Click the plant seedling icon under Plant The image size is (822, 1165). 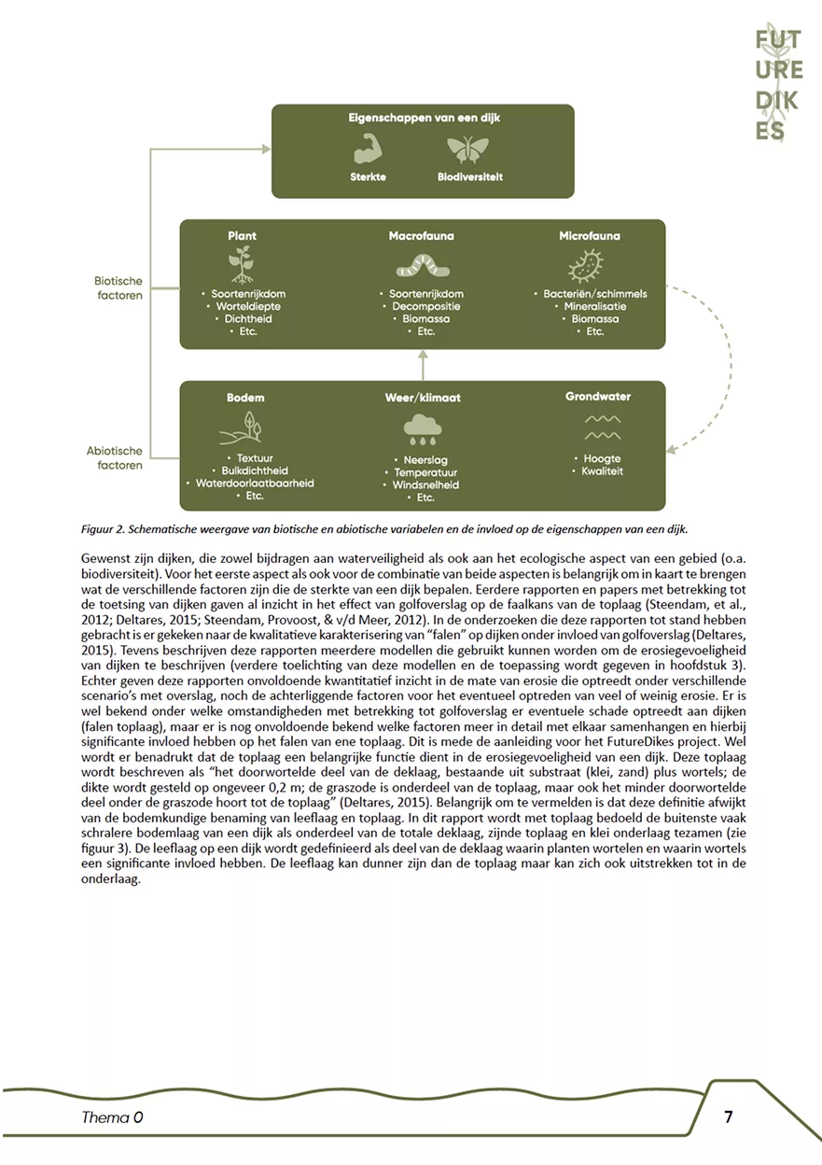(x=242, y=265)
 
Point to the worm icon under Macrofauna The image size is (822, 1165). (x=422, y=267)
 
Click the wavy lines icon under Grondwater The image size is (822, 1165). (x=602, y=428)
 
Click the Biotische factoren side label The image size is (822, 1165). (x=118, y=288)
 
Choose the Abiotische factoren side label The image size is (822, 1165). (x=115, y=457)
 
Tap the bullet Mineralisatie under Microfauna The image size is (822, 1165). (x=594, y=306)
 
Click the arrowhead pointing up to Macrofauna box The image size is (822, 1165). (x=422, y=356)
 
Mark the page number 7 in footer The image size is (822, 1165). (x=729, y=1116)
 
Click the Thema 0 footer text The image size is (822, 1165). (x=112, y=1116)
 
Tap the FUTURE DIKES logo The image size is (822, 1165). (x=778, y=82)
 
